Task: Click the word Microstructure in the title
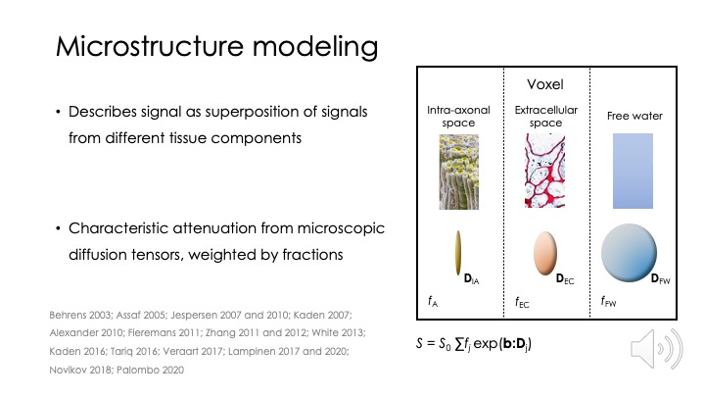(150, 46)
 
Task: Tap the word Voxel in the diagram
(545, 84)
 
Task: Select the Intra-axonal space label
(458, 116)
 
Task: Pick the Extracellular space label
(545, 116)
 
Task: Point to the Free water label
(634, 116)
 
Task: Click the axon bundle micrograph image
(458, 172)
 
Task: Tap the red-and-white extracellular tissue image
(545, 171)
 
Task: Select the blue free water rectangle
(633, 171)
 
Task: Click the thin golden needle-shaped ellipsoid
(457, 253)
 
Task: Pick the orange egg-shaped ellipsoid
(545, 253)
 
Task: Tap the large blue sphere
(629, 253)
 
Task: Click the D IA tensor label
(471, 279)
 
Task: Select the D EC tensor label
(565, 279)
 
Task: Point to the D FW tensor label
(660, 279)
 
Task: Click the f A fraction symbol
(433, 301)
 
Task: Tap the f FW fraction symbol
(608, 301)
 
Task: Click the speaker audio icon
(656, 348)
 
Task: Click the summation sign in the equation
(459, 344)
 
